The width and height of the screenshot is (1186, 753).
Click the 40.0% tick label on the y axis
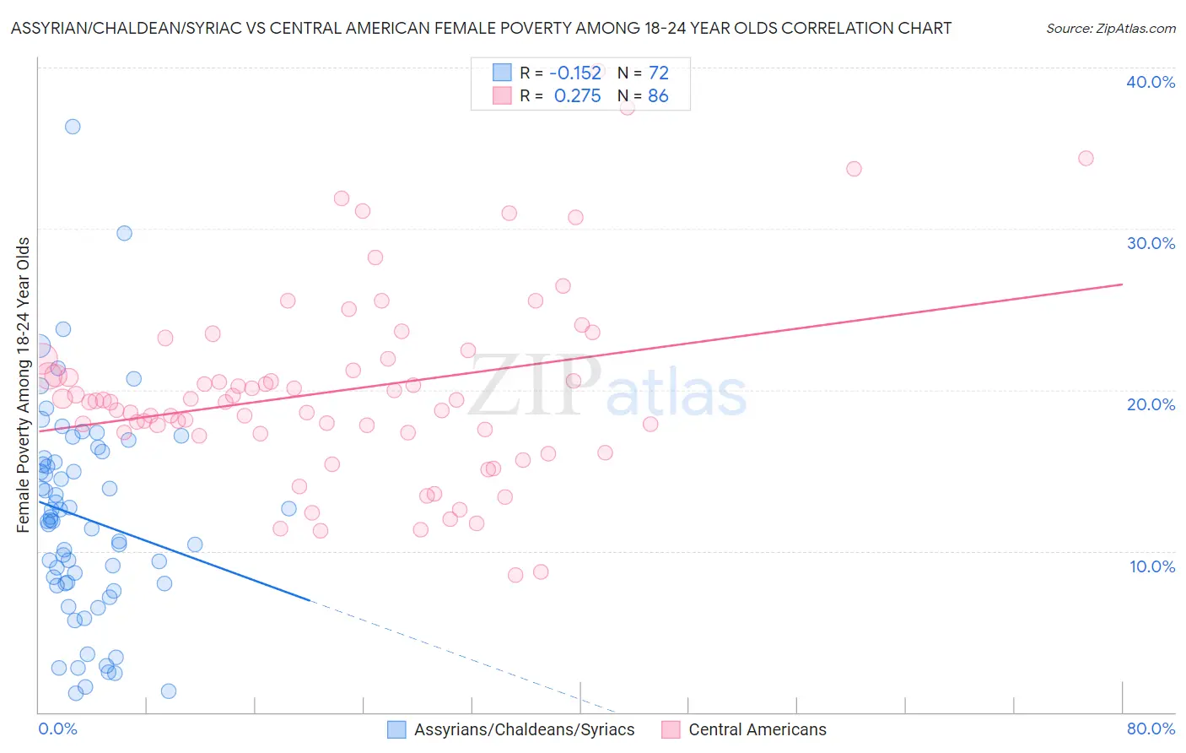(x=1151, y=82)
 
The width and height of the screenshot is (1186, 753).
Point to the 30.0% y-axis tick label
(x=1151, y=243)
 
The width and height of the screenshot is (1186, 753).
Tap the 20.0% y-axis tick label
(x=1151, y=404)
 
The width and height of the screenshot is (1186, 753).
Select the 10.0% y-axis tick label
(x=1152, y=566)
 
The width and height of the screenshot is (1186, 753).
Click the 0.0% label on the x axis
(x=57, y=729)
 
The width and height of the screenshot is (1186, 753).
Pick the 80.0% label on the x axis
(x=1151, y=729)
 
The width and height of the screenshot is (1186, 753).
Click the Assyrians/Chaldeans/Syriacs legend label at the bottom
(x=524, y=729)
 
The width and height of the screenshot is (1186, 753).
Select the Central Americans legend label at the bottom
(x=757, y=729)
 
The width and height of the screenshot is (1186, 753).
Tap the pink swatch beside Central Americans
(x=671, y=729)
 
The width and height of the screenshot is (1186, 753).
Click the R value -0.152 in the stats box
(x=575, y=73)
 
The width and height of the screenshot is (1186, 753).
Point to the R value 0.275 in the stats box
(x=577, y=96)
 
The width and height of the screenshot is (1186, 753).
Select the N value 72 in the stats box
(x=658, y=73)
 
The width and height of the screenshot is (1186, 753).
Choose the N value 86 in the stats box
(x=658, y=96)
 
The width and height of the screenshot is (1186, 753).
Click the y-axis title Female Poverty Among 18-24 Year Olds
(x=24, y=385)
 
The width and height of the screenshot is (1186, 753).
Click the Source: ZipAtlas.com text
(x=1110, y=29)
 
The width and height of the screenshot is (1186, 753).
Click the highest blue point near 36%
(x=73, y=127)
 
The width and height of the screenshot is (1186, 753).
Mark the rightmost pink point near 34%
(x=1086, y=159)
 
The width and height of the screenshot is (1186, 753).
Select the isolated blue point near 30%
(x=124, y=233)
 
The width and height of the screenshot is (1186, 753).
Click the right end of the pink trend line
(x=1122, y=284)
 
